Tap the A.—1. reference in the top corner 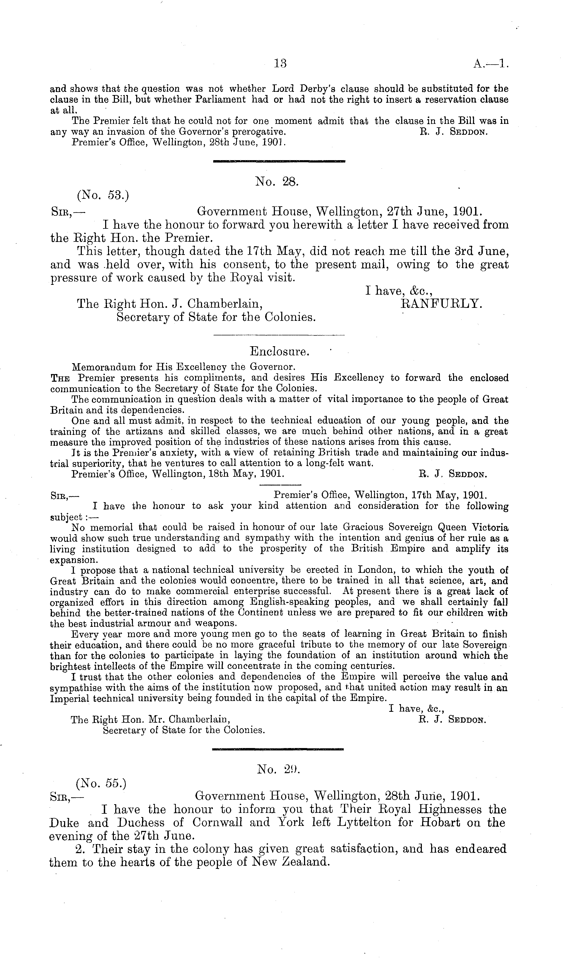tap(491, 64)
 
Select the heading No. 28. tap(277, 182)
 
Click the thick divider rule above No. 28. tap(279, 162)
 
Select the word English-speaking tap(289, 602)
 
